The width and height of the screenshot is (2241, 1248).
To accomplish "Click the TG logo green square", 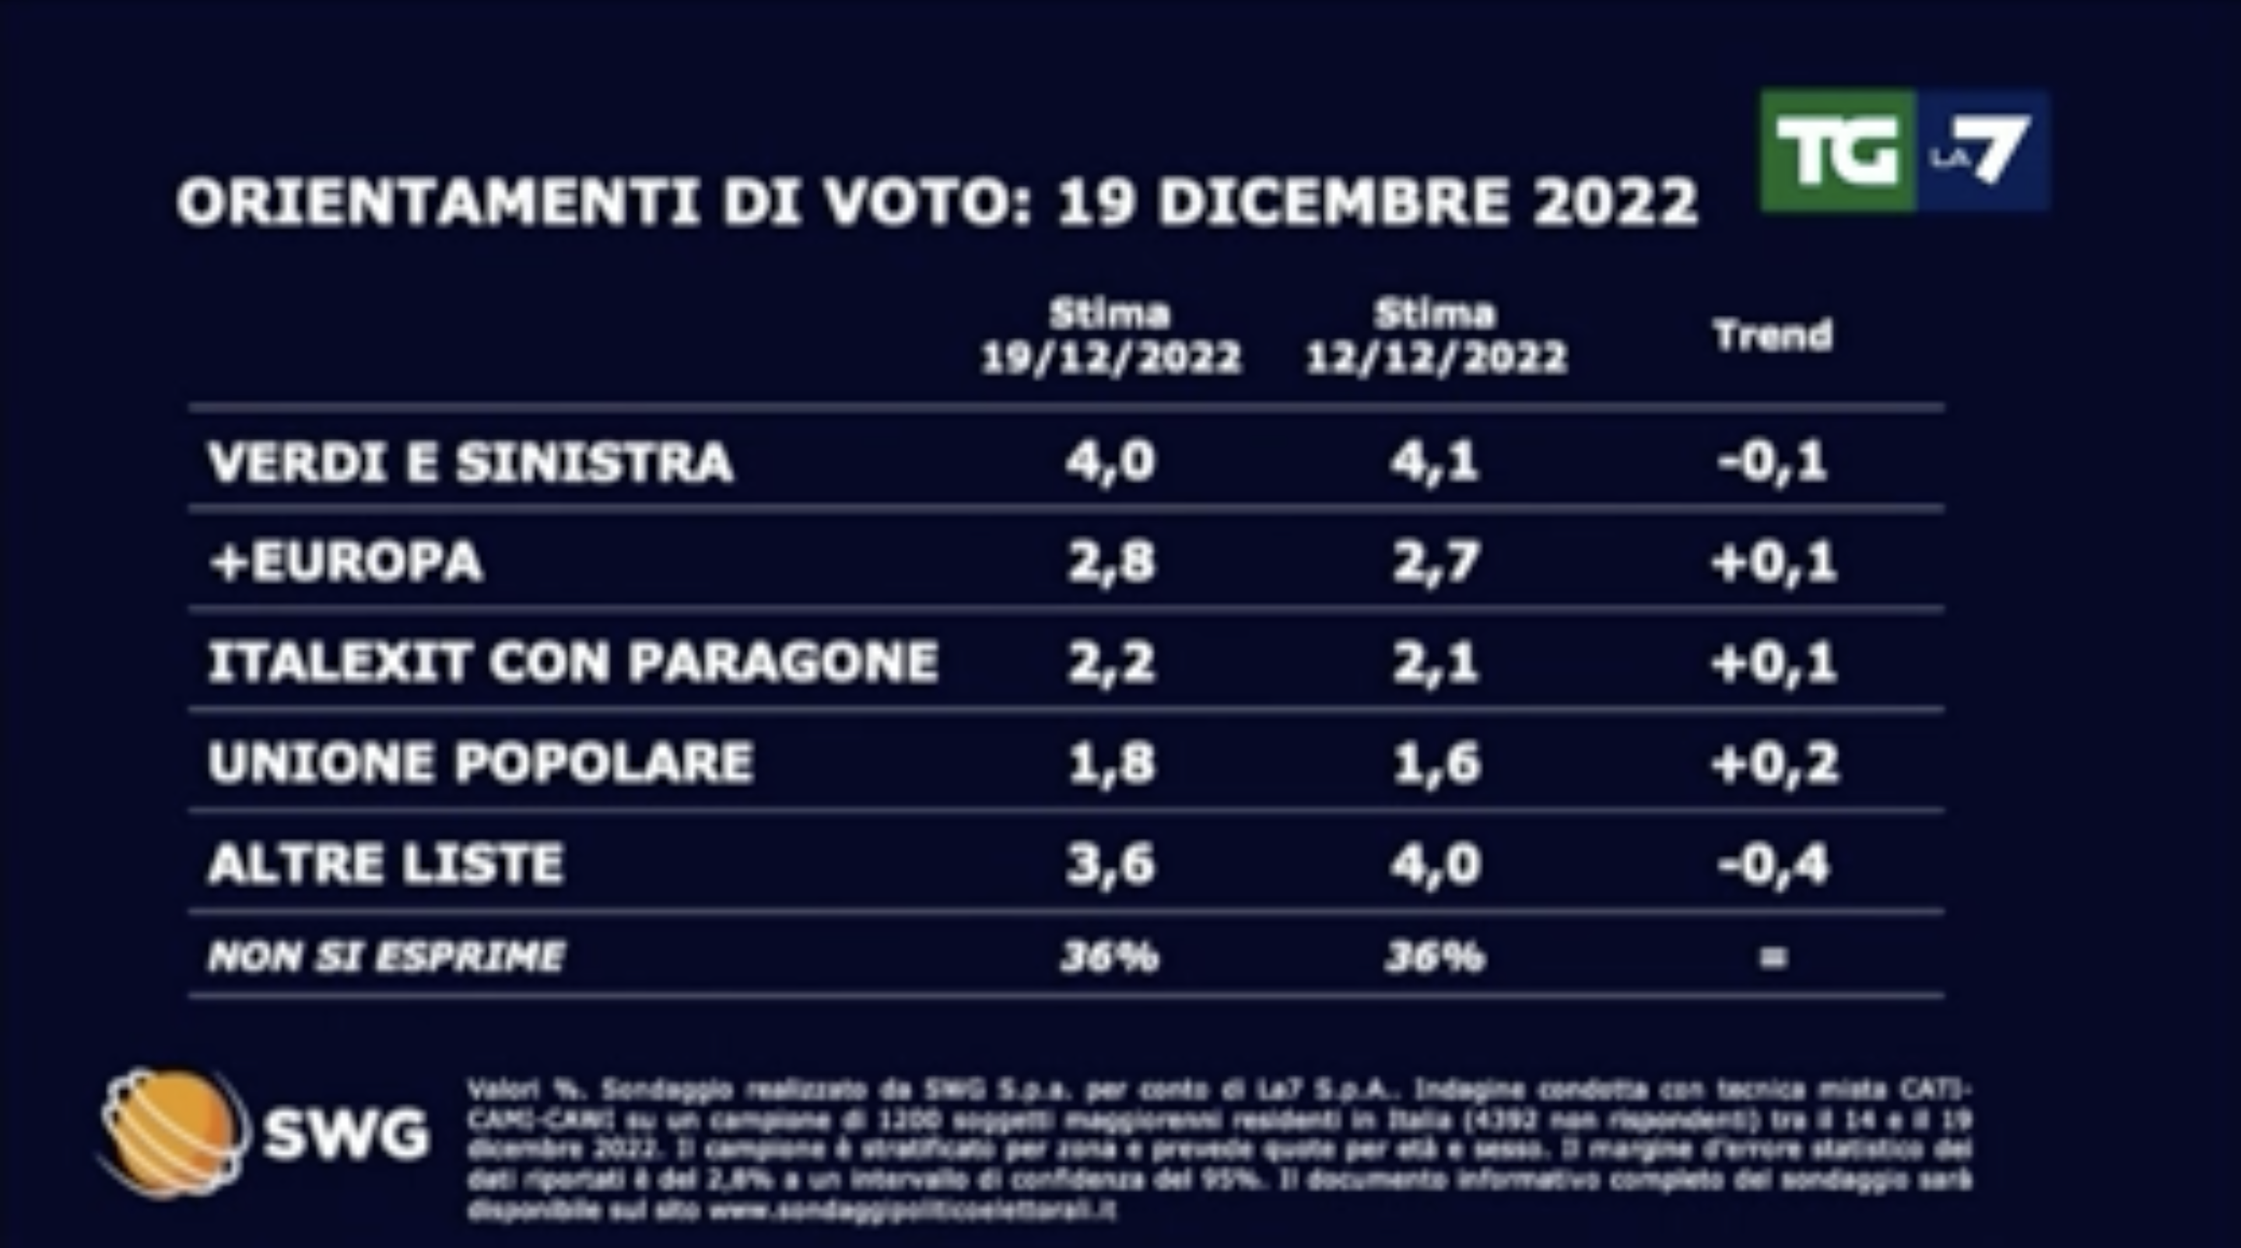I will pyautogui.click(x=1837, y=151).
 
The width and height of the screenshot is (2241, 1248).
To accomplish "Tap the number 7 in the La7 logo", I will pyautogui.click(x=2001, y=149).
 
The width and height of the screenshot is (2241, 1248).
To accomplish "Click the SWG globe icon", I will pyautogui.click(x=171, y=1132).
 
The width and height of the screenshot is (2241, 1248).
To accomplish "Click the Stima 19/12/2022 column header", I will pyautogui.click(x=1110, y=337).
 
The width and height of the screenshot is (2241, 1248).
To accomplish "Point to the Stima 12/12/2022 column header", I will pyautogui.click(x=1436, y=337).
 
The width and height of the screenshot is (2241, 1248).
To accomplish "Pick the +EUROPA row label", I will pyautogui.click(x=345, y=561).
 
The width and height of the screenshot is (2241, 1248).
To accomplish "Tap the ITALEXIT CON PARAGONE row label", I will pyautogui.click(x=573, y=662).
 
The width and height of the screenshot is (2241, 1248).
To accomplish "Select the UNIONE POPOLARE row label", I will pyautogui.click(x=480, y=762).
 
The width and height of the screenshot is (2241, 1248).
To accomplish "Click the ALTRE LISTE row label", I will pyautogui.click(x=385, y=864).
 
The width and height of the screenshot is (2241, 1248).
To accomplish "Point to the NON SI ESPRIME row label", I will pyautogui.click(x=385, y=957).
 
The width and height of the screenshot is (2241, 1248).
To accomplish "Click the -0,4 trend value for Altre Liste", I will pyautogui.click(x=1773, y=864).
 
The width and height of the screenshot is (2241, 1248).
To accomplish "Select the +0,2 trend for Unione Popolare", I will pyautogui.click(x=1775, y=763).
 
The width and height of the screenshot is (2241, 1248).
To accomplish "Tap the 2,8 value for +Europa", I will pyautogui.click(x=1111, y=562).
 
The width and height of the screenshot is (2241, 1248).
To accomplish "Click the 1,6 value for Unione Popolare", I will pyautogui.click(x=1436, y=763).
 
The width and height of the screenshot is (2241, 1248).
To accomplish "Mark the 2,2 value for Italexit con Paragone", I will pyautogui.click(x=1111, y=663).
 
